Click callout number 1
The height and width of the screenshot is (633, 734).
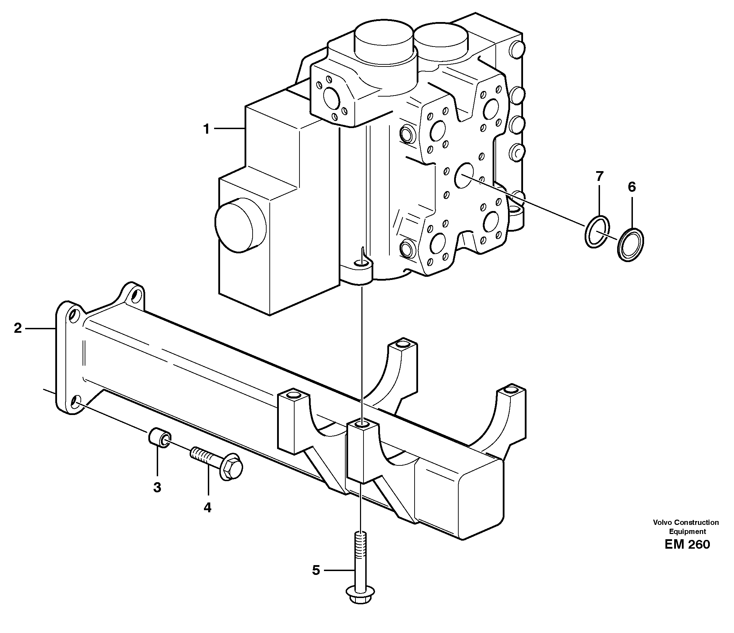206,129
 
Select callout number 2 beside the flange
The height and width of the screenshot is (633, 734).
18,328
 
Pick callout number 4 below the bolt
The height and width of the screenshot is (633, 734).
207,508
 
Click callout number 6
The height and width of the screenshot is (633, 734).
632,187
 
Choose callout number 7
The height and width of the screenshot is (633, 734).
599,176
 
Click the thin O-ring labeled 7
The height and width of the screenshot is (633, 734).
597,232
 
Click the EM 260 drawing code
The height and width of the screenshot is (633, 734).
687,544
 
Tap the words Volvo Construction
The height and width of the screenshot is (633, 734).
686,522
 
